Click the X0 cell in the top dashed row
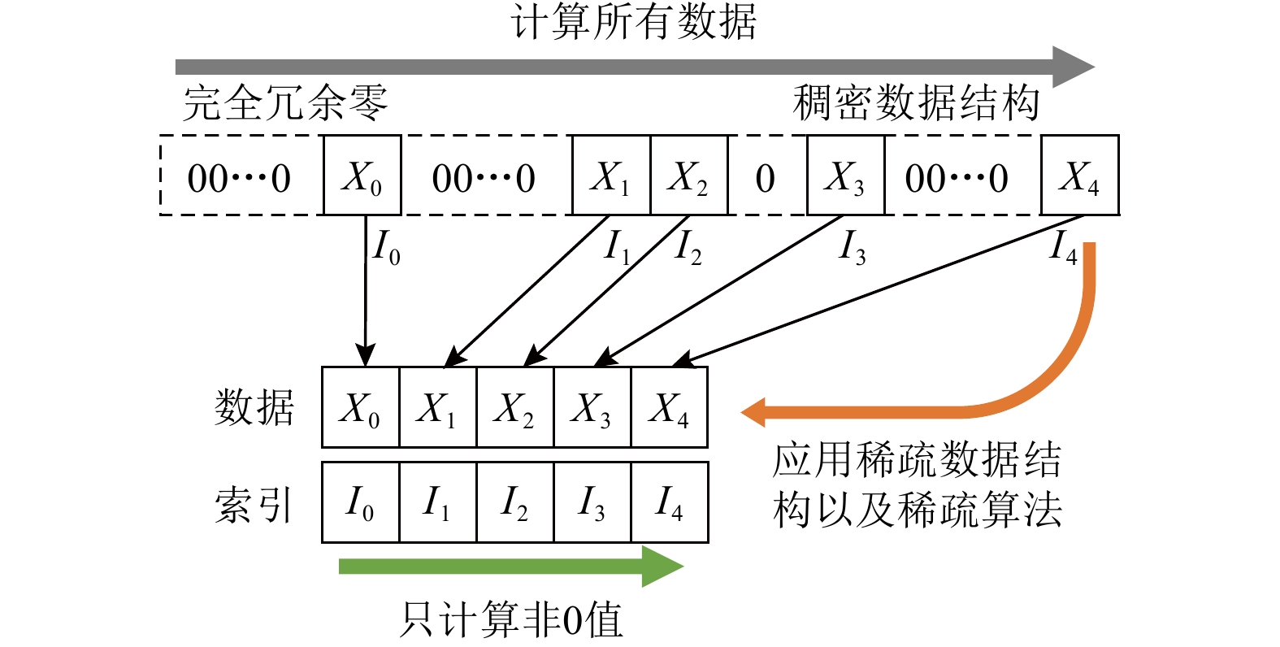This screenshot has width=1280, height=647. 362,176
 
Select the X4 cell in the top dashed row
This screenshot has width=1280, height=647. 1079,176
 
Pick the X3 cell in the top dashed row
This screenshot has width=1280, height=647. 845,176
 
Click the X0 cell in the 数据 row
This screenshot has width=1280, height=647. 360,407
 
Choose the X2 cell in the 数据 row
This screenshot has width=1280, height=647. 514,407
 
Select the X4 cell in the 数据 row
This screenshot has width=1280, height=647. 669,407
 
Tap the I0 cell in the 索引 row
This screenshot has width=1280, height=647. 360,502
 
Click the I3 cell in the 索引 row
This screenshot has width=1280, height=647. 592,502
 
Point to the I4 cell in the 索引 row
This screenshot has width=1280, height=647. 669,502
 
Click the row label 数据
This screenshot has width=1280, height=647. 254,406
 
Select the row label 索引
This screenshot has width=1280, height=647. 254,504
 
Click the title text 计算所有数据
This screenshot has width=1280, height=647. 635,22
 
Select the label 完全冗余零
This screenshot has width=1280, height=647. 285,104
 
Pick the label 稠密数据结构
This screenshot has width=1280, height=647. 916,104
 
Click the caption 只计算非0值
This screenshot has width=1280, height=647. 512,620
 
